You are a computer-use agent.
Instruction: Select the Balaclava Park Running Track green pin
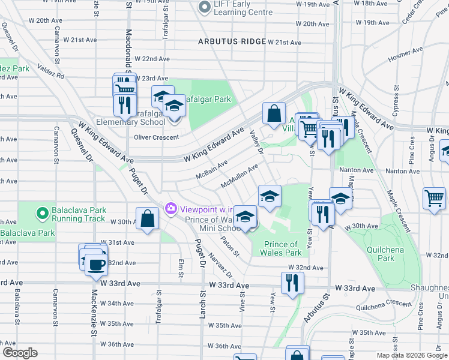pyautogui.click(x=42, y=213)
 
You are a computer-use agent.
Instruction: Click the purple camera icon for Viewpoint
pyautogui.click(x=171, y=208)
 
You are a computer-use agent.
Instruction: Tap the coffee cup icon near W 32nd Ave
pyautogui.click(x=96, y=265)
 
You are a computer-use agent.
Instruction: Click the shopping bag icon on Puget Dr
pyautogui.click(x=147, y=219)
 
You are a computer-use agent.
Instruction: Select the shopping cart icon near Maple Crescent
pyautogui.click(x=434, y=198)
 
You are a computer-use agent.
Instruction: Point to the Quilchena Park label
pyautogui.click(x=386, y=254)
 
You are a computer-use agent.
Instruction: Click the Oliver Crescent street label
pyautogui.click(x=156, y=137)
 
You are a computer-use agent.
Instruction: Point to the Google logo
pyautogui.click(x=19, y=353)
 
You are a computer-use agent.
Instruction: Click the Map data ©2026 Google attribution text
pyautogui.click(x=412, y=355)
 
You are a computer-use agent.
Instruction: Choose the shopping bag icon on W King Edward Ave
pyautogui.click(x=274, y=114)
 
